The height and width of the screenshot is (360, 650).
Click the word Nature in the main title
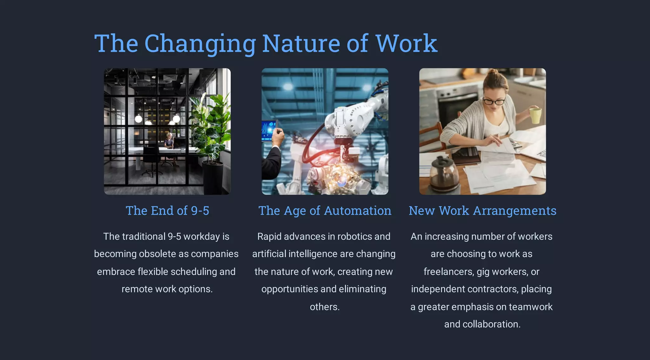301,43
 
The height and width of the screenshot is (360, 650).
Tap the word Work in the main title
406,43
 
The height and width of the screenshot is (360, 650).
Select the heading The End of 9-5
167,211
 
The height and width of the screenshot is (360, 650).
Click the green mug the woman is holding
535,115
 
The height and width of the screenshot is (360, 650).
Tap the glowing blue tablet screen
268,130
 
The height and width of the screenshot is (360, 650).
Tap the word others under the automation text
324,307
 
